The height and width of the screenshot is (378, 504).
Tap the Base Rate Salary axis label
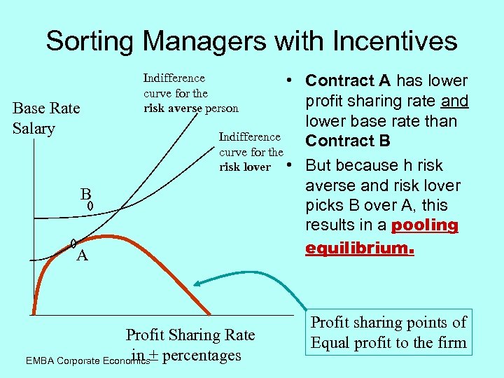point(46,118)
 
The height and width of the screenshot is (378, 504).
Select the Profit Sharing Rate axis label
point(190,335)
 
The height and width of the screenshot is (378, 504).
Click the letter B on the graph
point(84,194)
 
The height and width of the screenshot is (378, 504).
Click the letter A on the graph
point(82,255)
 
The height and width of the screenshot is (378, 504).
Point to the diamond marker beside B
point(90,206)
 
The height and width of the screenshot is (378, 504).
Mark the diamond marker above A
point(73,244)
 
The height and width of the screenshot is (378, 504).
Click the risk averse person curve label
point(190,93)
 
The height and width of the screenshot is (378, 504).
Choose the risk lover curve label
point(251,152)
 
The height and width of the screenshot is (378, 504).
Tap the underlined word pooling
point(425,225)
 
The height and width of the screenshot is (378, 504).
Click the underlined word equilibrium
point(360,248)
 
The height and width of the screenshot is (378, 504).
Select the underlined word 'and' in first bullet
point(455,101)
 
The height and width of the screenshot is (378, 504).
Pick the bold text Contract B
point(347,141)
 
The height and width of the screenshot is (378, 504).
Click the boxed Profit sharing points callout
point(388,332)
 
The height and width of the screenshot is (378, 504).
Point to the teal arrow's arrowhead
point(197,283)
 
